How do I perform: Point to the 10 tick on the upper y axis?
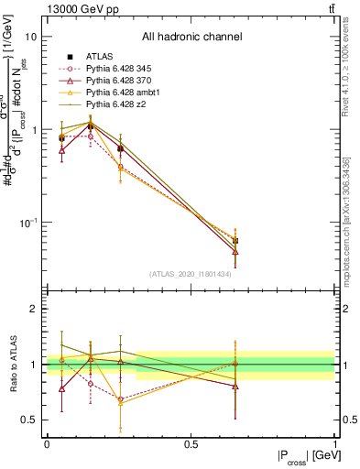coord(31,37)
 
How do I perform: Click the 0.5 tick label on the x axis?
coord(191,444)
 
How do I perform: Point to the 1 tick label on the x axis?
coord(334,444)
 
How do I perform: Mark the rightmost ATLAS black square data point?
coord(235,241)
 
